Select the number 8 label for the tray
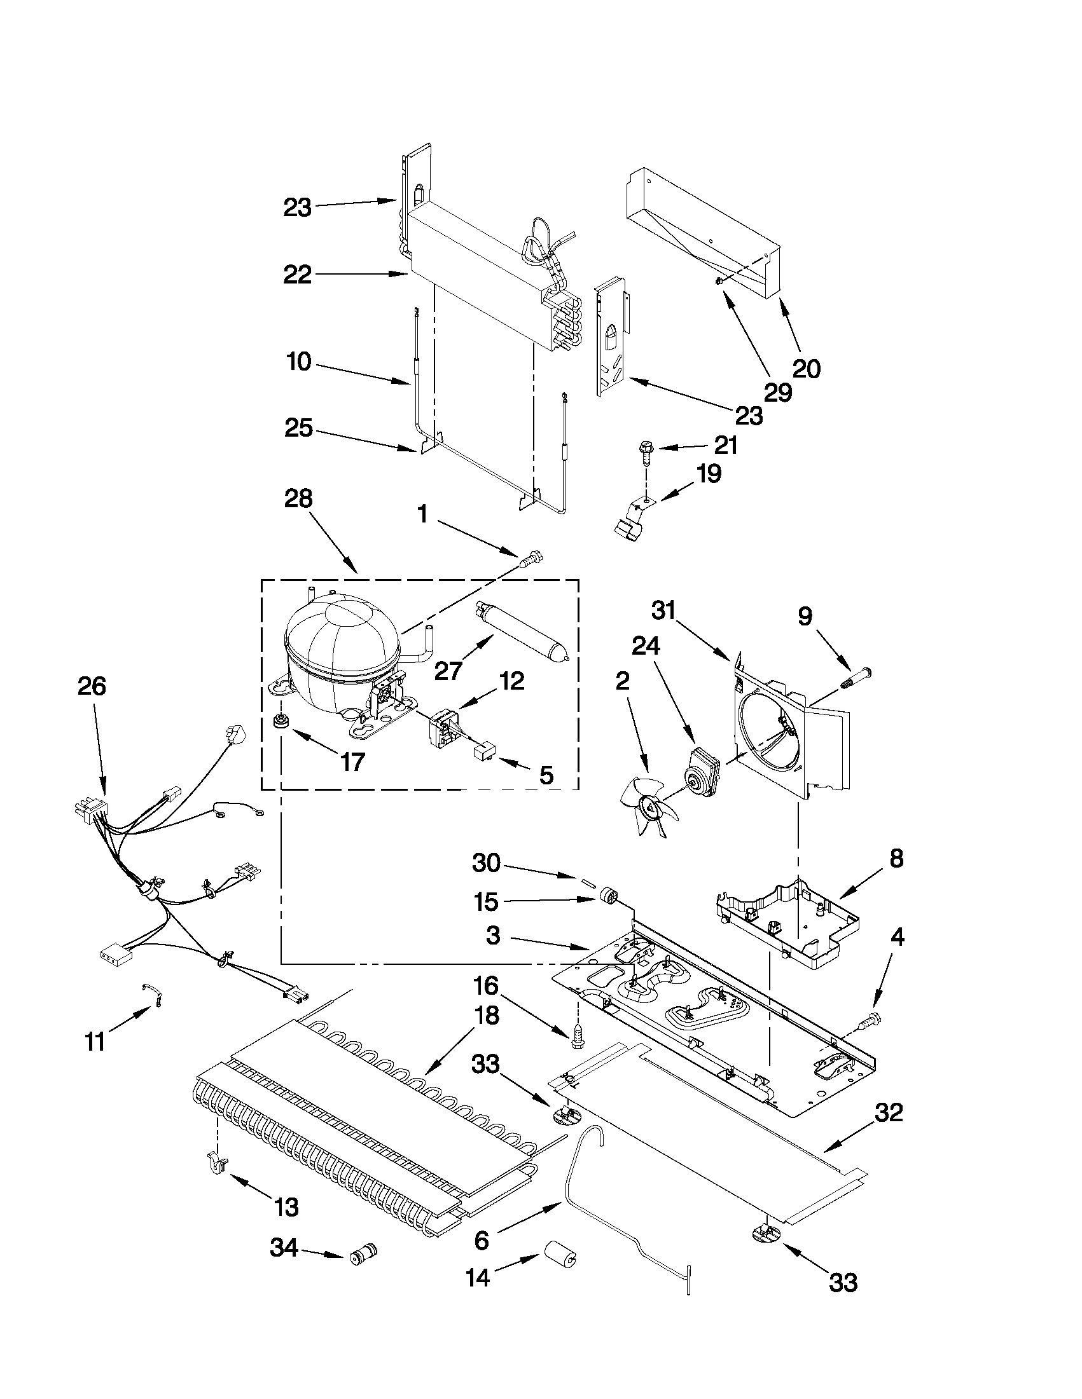896,858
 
